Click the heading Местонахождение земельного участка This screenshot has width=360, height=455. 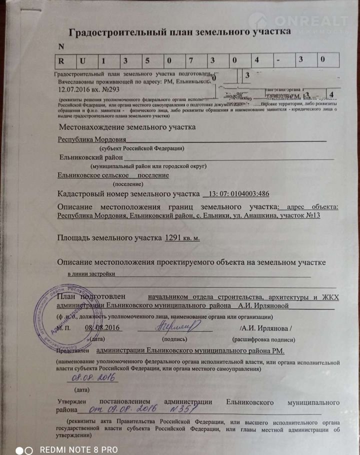click(127, 127)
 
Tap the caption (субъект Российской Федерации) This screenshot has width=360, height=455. click(142, 148)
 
